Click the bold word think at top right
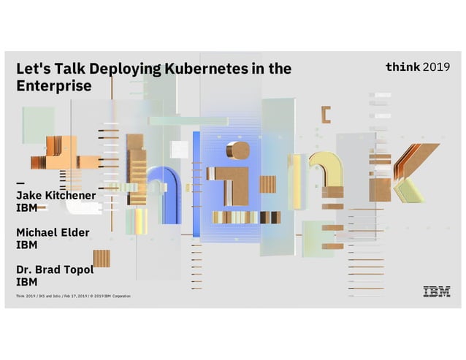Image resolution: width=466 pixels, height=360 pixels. [402, 67]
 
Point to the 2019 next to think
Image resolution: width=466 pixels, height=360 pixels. [437, 67]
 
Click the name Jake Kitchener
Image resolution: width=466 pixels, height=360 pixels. [56, 196]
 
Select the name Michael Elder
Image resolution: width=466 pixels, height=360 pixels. [53, 233]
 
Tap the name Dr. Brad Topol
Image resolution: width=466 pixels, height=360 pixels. [55, 269]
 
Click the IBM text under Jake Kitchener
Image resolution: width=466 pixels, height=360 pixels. [27, 208]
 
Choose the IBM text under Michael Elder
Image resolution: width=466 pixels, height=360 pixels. [27, 245]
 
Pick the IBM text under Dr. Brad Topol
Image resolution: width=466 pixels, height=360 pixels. [27, 282]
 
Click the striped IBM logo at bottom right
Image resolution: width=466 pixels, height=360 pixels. [437, 293]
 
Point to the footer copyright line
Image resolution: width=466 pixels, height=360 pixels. [73, 296]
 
